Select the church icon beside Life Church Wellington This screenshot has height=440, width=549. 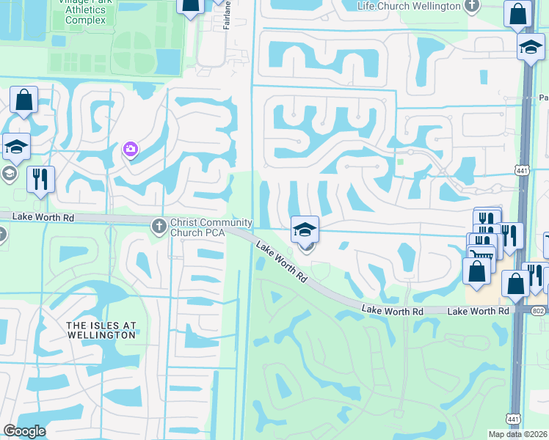pyautogui.click(x=472, y=6)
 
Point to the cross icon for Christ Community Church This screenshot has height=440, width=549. pyautogui.click(x=159, y=227)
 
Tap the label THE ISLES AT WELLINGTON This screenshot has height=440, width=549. pyautogui.click(x=101, y=330)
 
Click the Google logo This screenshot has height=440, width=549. pyautogui.click(x=24, y=431)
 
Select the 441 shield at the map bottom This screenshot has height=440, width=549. pyautogui.click(x=513, y=419)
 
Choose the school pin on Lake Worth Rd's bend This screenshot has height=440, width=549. pyautogui.click(x=305, y=230)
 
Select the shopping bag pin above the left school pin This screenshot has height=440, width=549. pyautogui.click(x=23, y=100)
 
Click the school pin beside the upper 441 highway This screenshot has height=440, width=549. pyautogui.click(x=531, y=48)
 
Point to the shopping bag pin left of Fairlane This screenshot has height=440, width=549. pyautogui.click(x=191, y=6)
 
